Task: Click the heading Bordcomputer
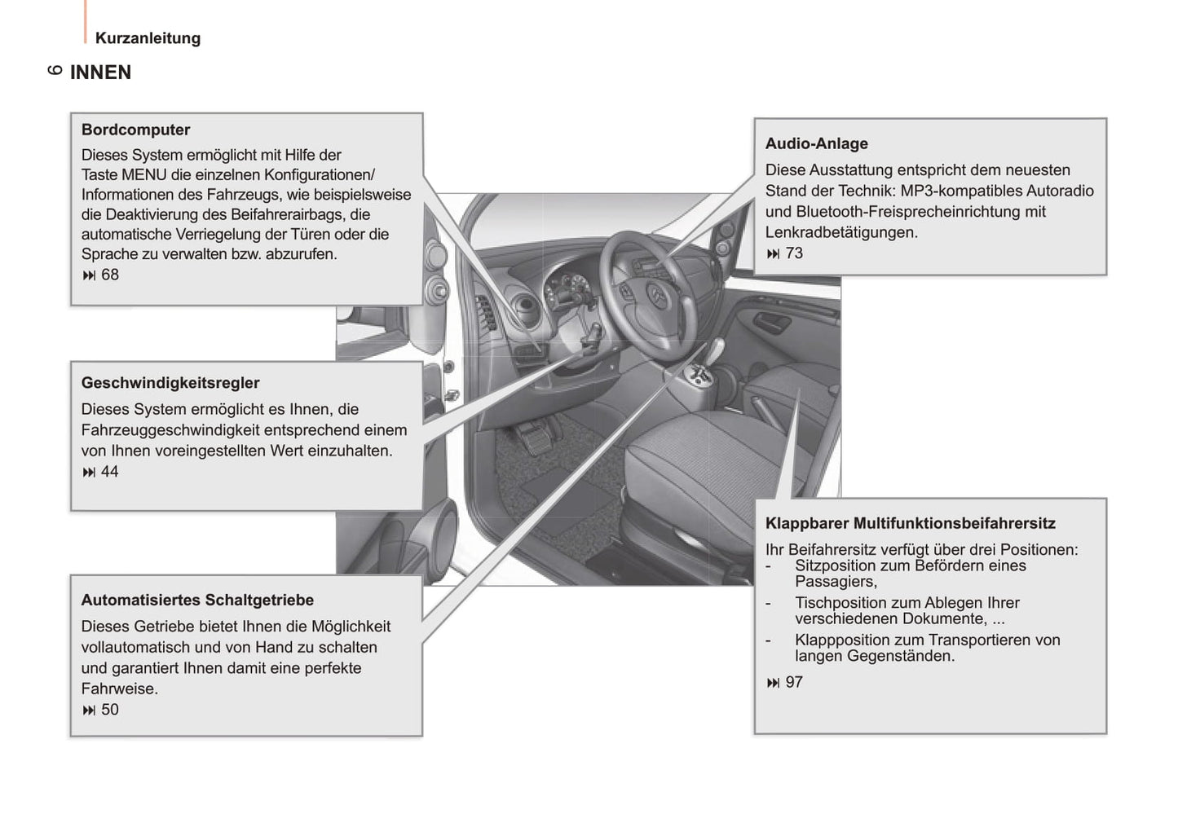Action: click(135, 130)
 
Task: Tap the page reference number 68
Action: click(110, 275)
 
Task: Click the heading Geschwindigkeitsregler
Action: click(170, 383)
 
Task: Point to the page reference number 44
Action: click(110, 472)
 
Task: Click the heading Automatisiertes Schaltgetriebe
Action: click(197, 600)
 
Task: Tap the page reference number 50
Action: click(110, 710)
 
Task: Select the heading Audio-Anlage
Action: click(816, 143)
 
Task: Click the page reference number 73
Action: click(794, 253)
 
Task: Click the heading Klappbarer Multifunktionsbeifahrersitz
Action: click(910, 523)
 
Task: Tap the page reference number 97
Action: click(794, 682)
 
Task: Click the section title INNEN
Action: click(100, 73)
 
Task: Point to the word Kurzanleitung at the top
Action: click(148, 38)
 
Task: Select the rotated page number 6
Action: click(55, 70)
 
